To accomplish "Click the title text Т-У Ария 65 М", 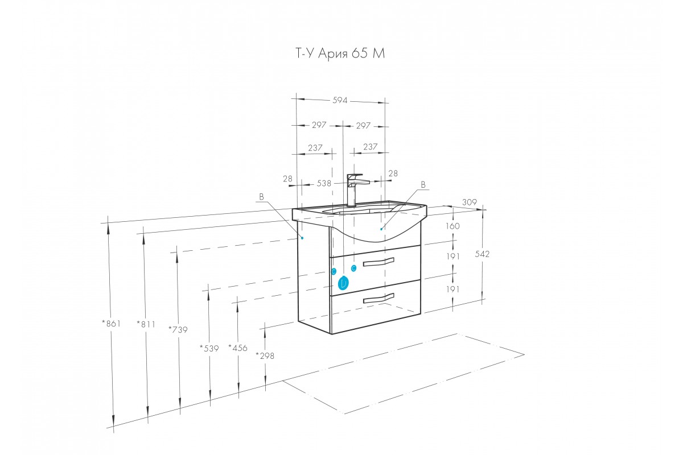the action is (x=340, y=54).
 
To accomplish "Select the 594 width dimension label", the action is (x=340, y=100).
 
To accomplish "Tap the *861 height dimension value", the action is (x=112, y=324).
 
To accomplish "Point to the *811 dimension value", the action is (x=146, y=324).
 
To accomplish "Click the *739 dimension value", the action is (x=178, y=329).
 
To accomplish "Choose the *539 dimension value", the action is (x=209, y=348).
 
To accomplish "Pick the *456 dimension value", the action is (x=238, y=348).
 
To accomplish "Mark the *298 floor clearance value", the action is (x=265, y=355).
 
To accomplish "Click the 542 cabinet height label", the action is (x=482, y=254).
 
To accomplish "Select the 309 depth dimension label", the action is (x=469, y=202).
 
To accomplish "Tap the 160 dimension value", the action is (x=452, y=226).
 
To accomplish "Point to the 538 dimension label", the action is (x=324, y=183).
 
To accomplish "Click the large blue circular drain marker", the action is (x=343, y=283).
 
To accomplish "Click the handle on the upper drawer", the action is (x=378, y=262).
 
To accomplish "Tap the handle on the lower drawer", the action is (x=378, y=298).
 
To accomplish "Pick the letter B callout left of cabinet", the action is (x=261, y=197).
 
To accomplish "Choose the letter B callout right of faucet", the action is (x=423, y=184).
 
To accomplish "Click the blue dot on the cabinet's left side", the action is (x=302, y=238).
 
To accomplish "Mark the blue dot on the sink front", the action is (x=381, y=229).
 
